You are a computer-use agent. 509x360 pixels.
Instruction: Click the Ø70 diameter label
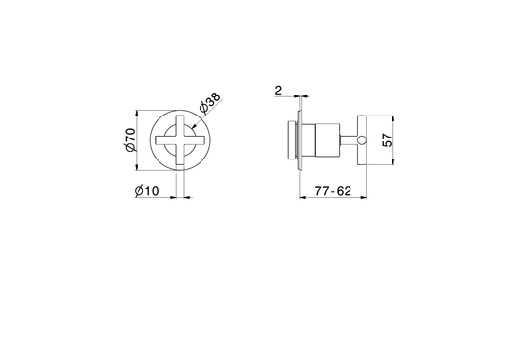tap(130, 139)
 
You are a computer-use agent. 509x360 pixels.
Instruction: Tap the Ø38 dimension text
tap(210, 103)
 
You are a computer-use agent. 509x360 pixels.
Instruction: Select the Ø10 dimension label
tap(147, 191)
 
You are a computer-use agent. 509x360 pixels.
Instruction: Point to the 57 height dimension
tap(388, 140)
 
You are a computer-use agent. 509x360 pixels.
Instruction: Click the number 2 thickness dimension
tap(278, 91)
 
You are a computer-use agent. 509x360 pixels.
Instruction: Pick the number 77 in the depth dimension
tap(322, 191)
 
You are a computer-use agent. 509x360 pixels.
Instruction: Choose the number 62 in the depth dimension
tap(344, 191)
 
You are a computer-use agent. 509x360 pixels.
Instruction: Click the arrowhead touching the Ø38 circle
tap(193, 126)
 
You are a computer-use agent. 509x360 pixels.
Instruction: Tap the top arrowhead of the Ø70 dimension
tap(137, 114)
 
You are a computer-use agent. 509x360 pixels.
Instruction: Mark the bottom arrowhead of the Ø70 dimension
tap(137, 167)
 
